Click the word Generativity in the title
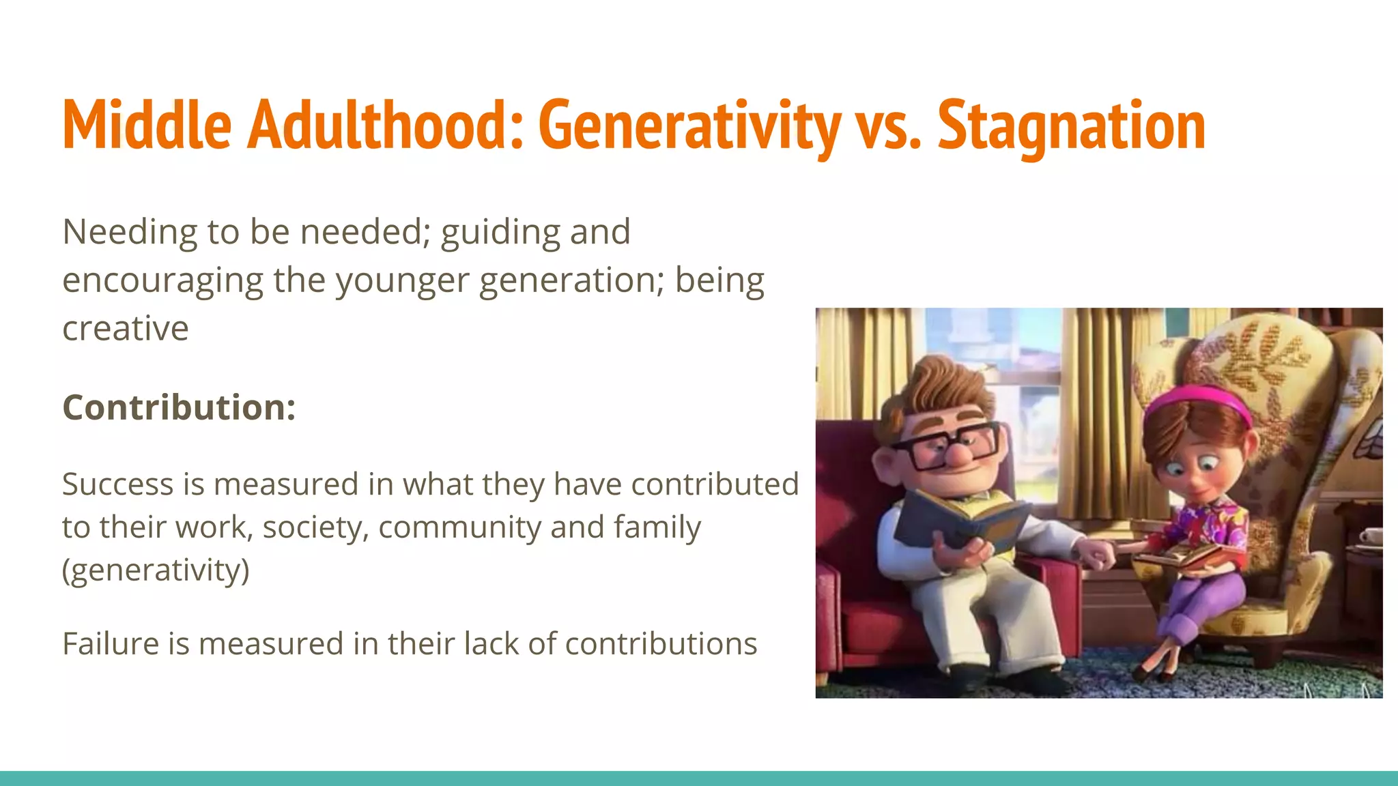click(689, 126)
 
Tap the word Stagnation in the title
click(1072, 126)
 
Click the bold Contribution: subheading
click(179, 407)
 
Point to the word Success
click(117, 484)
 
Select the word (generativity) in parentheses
click(156, 570)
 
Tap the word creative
click(125, 329)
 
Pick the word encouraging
click(162, 281)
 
